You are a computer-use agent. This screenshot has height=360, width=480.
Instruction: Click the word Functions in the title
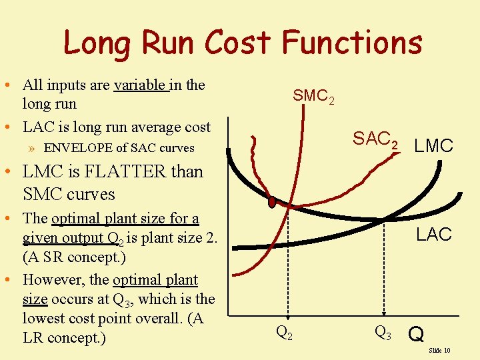[x=352, y=43]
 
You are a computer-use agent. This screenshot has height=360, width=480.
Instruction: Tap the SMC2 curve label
[x=313, y=97]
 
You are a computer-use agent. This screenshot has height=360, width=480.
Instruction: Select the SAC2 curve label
[x=376, y=139]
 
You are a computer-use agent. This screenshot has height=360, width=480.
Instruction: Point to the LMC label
[x=433, y=146]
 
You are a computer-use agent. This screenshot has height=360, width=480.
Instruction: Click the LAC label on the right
[x=434, y=235]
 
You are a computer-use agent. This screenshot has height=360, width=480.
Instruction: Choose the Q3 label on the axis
[x=383, y=331]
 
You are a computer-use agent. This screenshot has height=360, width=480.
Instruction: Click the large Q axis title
[x=416, y=333]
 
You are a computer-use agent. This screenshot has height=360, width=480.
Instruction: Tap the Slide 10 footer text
[x=439, y=350]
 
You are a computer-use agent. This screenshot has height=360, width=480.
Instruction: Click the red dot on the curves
[x=272, y=201]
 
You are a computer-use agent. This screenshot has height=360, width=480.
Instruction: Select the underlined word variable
[x=141, y=85]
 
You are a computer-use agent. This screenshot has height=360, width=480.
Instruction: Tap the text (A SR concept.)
[x=74, y=256]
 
